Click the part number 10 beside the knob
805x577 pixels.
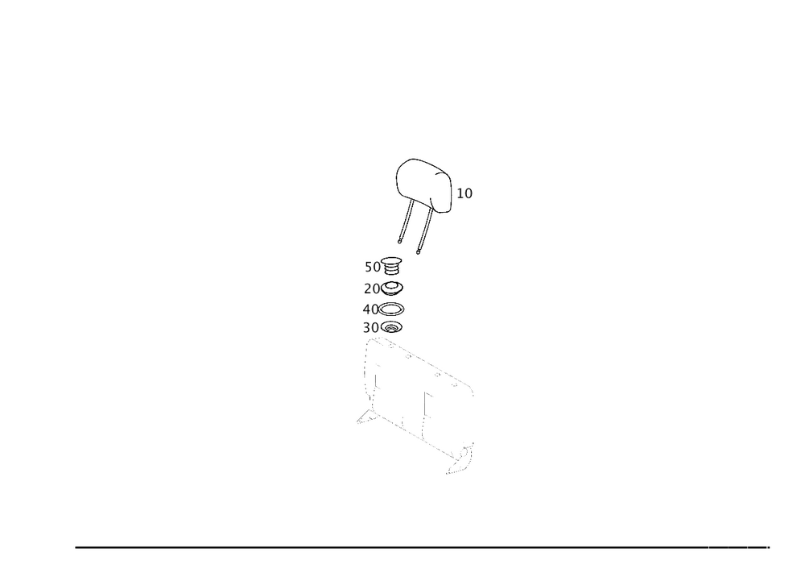tap(465, 193)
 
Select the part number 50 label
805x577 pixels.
tap(371, 266)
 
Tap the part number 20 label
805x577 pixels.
tap(371, 288)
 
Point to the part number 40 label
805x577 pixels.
tap(370, 309)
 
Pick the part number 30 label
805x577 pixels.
tap(370, 327)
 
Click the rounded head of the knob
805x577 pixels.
tap(423, 181)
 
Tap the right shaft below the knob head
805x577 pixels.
tap(426, 229)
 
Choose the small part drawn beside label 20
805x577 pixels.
tap(394, 288)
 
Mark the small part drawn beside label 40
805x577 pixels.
tap(394, 308)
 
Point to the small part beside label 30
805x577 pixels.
tap(393, 326)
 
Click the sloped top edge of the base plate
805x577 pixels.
tap(427, 363)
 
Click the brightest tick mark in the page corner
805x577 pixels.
tap(766, 548)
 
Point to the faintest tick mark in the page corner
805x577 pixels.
tap(729, 548)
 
